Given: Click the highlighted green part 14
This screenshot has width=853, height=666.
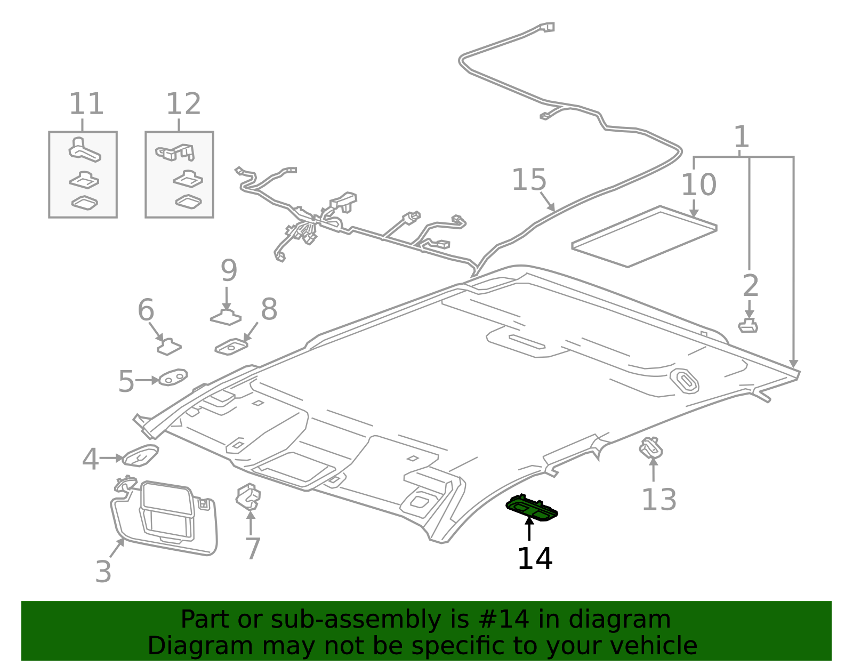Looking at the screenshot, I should click(x=532, y=508).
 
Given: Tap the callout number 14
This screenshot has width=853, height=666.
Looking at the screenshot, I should click(x=535, y=559).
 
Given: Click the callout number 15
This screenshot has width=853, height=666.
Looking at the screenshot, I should click(x=529, y=180).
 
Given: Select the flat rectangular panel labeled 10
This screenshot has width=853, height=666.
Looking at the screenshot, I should click(x=644, y=237).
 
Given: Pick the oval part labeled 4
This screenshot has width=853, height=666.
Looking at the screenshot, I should click(x=141, y=455).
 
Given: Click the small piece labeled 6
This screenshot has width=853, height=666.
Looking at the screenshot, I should click(x=169, y=347).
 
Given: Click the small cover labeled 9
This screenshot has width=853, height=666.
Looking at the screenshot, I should click(x=226, y=318).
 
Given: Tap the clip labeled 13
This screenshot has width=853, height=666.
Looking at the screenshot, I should click(x=651, y=448).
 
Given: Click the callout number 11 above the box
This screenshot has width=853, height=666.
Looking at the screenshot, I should click(x=86, y=104).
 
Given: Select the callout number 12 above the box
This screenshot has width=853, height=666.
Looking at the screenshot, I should click(x=183, y=104).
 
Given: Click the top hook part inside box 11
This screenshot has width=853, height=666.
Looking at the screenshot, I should click(x=84, y=149).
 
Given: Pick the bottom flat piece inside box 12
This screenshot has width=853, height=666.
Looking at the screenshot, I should click(x=188, y=202).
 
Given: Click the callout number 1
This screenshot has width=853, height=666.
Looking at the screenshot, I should click(x=741, y=138).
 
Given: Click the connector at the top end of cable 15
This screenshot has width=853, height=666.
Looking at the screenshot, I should click(x=547, y=27).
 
